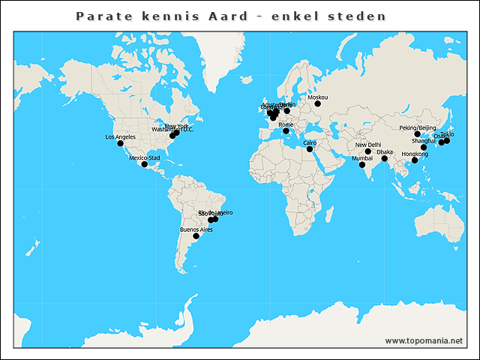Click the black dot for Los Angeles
pos(120,143)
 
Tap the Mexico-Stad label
pos(145,158)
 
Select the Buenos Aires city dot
pos(196,236)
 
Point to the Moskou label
pos(318,97)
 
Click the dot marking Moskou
pos(317,103)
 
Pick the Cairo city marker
pos(310,148)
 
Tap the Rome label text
pos(286,124)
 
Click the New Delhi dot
pos(368,151)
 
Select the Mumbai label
pos(362,159)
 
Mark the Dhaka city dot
pos(385,158)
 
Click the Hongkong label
pos(415,154)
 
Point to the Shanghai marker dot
pos(424,148)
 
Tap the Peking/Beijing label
pos(418,128)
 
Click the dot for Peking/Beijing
pos(418,134)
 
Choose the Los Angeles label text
pos(121,136)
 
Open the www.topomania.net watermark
pos(424,340)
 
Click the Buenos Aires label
pos(196,229)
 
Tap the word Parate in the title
pos(102,16)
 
